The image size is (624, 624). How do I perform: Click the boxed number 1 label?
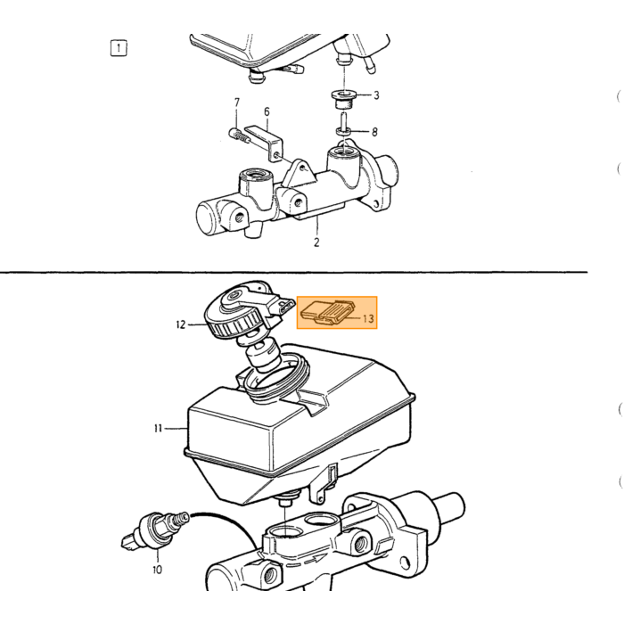(119, 48)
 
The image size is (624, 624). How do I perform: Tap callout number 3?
(376, 95)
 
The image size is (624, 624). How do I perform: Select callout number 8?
(374, 132)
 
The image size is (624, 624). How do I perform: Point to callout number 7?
(237, 103)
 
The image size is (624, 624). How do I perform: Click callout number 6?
(267, 111)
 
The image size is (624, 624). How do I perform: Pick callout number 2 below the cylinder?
(316, 242)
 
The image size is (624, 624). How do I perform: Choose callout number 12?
(181, 324)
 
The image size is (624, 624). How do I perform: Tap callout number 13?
(368, 318)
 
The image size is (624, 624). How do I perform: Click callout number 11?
(158, 428)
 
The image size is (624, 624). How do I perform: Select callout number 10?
(157, 570)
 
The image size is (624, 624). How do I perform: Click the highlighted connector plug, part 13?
(327, 312)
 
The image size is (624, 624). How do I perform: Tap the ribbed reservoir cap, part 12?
(240, 314)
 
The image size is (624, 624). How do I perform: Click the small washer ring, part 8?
(344, 131)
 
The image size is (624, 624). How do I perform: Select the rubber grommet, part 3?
(343, 100)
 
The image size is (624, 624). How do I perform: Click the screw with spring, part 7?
(240, 135)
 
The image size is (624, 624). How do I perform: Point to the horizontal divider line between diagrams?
(293, 272)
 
